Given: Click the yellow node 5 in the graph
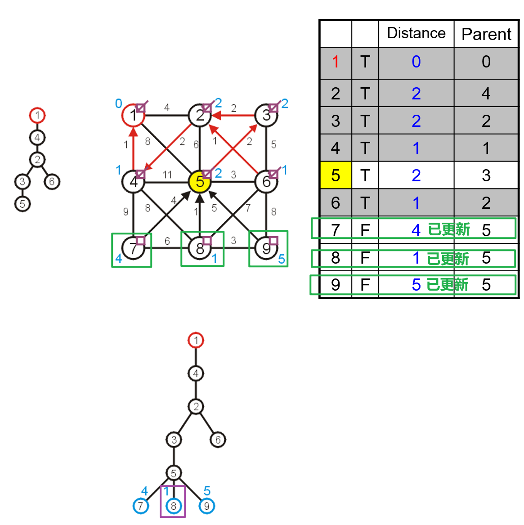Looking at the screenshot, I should [x=199, y=182].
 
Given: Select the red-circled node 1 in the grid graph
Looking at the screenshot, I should [x=133, y=116].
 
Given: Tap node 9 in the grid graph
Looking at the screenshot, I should [x=266, y=248].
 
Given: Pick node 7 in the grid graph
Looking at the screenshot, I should [x=133, y=248].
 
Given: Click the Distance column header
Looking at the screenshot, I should [x=416, y=33].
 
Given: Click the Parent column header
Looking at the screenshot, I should [x=486, y=34].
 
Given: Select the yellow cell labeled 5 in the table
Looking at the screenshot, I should [x=336, y=175].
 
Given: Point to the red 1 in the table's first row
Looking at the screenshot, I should [x=336, y=62].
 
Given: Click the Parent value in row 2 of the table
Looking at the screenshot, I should [x=486, y=94].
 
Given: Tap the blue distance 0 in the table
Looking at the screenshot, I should [x=416, y=62].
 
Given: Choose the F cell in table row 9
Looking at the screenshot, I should [x=365, y=285].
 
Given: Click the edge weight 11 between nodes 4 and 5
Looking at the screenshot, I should [x=167, y=175].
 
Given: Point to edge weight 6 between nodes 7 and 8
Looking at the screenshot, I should [x=167, y=241].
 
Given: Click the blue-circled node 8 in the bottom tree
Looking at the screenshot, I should [x=174, y=506].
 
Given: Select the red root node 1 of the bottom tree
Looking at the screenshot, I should [x=196, y=340].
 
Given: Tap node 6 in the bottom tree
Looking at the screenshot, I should [x=218, y=440].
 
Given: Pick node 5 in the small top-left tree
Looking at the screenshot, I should [x=22, y=204].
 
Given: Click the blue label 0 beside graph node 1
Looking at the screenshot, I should [x=118, y=103].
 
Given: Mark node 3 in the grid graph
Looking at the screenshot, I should [x=266, y=116].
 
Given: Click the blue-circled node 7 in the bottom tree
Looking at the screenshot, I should [x=141, y=506].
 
